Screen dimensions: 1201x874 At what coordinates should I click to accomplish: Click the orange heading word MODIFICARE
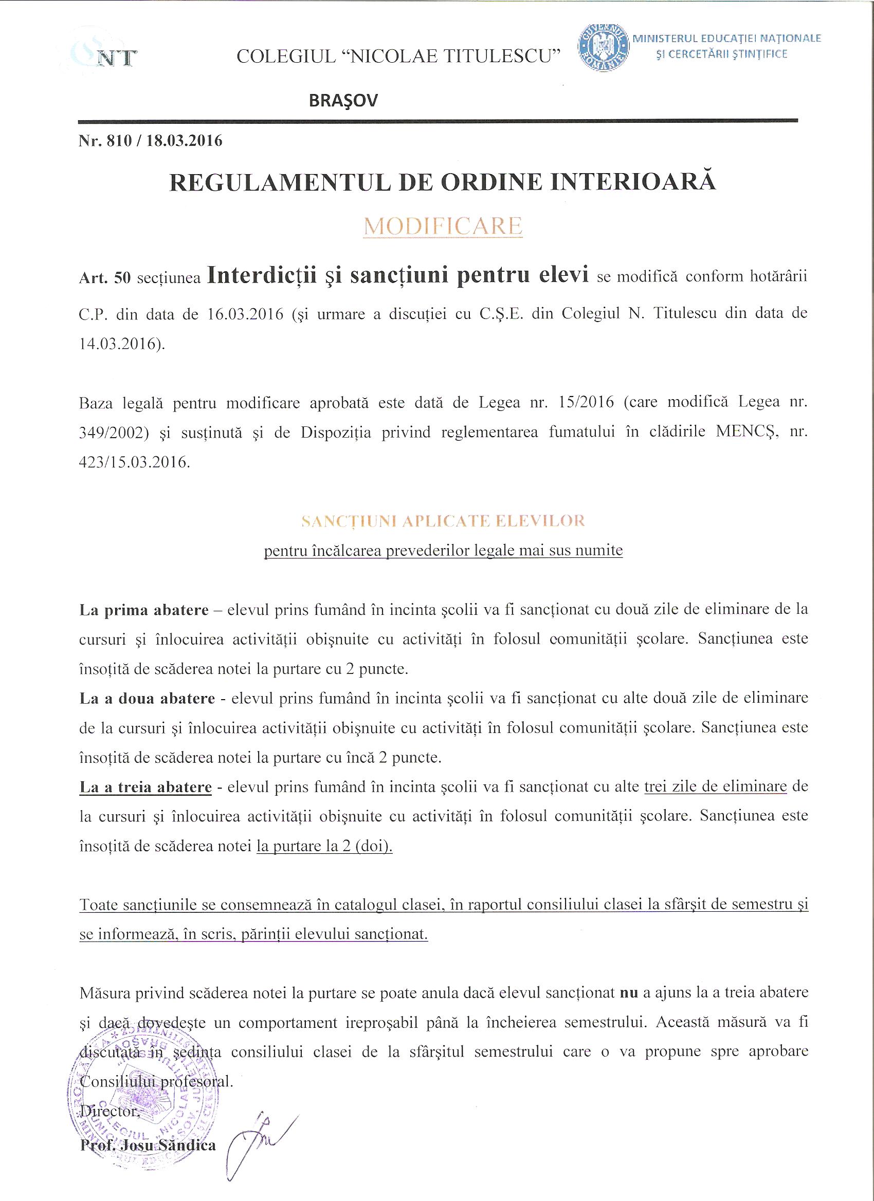[x=443, y=226]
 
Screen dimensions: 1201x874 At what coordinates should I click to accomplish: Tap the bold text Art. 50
[x=104, y=278]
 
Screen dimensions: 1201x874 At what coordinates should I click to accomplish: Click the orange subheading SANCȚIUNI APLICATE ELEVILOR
[x=443, y=521]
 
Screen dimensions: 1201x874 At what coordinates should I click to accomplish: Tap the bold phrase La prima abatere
[x=143, y=610]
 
